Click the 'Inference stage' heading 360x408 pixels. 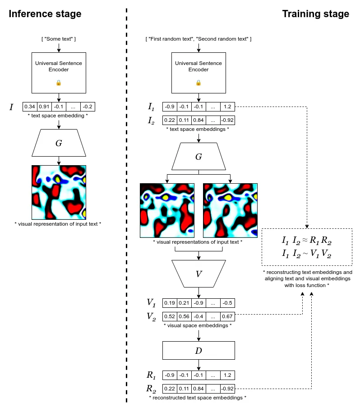point(45,14)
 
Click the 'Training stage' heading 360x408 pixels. point(315,14)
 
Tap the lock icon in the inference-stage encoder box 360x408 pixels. point(59,83)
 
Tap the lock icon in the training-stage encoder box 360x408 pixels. point(198,83)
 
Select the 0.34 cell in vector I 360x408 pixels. point(30,107)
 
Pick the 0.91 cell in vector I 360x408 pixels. point(44,107)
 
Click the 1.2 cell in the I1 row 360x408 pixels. point(227,107)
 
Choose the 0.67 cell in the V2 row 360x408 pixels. point(227,316)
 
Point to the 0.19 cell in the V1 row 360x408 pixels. point(170,303)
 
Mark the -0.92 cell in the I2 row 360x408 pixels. point(227,121)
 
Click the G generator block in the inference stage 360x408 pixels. point(59,144)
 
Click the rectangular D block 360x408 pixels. point(198,350)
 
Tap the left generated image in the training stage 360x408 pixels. point(167,210)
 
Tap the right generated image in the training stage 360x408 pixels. point(230,210)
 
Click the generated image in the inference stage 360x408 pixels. point(59,192)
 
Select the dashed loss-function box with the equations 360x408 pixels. point(307,247)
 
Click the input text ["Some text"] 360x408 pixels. point(59,39)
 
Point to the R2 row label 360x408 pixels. point(151,389)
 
